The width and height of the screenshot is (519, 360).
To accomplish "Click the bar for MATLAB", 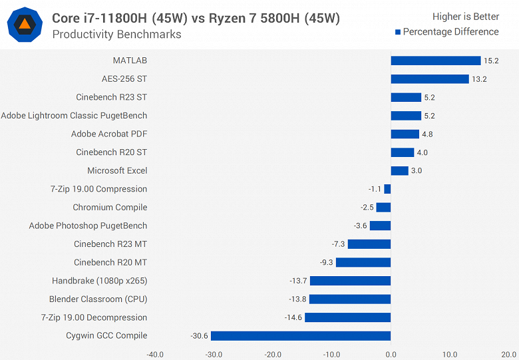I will (435, 61).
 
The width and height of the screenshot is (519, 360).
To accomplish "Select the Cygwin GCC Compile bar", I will (301, 336).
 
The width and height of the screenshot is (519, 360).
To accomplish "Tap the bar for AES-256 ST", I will (430, 79).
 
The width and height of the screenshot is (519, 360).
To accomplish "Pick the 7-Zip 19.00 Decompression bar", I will (347, 317).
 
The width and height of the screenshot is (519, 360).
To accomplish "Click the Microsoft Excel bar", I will (399, 171).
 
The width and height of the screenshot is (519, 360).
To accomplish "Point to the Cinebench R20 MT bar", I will (363, 263).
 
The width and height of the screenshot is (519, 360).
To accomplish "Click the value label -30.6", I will (198, 336).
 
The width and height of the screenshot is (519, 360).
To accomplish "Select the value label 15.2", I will (491, 61).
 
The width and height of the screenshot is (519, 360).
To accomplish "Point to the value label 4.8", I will (427, 134).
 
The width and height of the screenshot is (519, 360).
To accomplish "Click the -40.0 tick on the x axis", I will (155, 354).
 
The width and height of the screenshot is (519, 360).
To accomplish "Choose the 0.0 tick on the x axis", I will (391, 354).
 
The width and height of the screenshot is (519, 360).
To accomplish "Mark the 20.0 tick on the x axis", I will (508, 354).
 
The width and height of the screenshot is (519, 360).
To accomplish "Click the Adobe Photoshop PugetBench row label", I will (88, 226).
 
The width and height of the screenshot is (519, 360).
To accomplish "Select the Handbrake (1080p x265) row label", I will (100, 281).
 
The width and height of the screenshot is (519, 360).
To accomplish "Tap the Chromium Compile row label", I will (110, 208).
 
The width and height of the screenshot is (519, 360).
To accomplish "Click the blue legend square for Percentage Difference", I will (397, 32).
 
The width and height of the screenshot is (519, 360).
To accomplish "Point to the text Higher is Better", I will (466, 17).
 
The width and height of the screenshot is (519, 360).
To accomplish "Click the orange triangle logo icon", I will (25, 25).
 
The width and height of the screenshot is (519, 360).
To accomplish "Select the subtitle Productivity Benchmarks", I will (116, 35).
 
